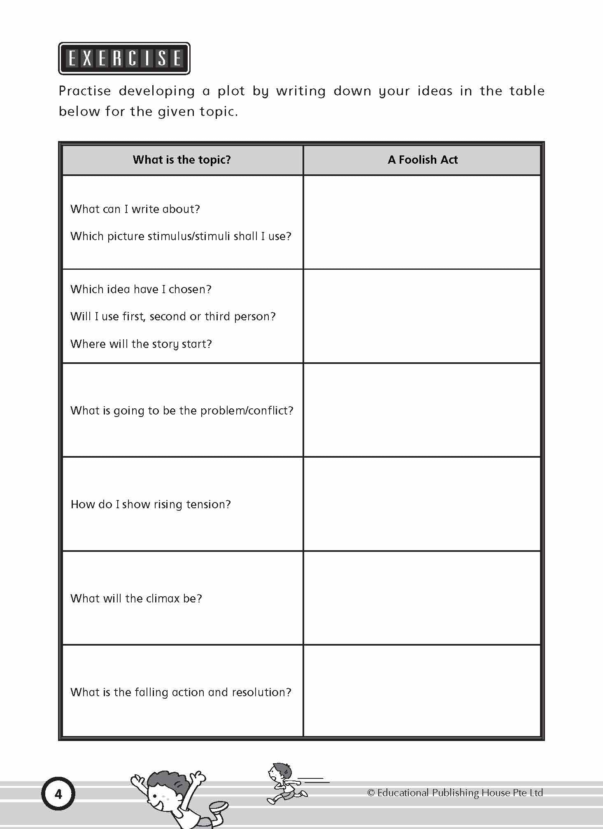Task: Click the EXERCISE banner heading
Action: pos(124,58)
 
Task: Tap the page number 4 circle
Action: pos(58,794)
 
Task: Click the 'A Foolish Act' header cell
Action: pos(422,160)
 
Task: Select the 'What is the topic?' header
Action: pos(182,160)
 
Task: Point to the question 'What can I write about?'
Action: pos(135,209)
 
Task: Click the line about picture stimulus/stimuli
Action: pos(181,236)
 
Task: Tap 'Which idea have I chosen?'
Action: pos(141,289)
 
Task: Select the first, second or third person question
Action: pos(173,316)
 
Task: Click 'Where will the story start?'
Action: pos(141,344)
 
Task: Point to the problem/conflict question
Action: pos(182,410)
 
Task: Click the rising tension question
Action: pos(151,504)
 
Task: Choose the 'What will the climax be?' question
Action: pos(136,598)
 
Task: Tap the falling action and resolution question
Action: pos(181,692)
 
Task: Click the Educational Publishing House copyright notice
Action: pos(455,792)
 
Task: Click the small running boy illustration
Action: pos(286,783)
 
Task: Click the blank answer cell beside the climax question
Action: pos(422,598)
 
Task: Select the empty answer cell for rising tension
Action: pos(422,504)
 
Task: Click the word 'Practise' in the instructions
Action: pos(85,91)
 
